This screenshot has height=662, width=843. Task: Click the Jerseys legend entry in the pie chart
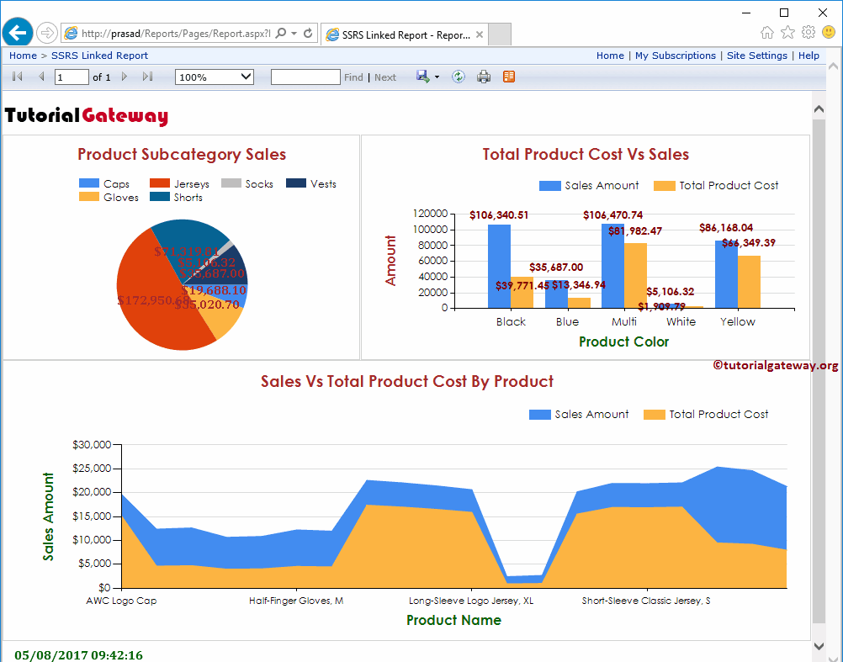click(x=180, y=183)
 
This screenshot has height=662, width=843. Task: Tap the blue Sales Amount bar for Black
click(x=499, y=266)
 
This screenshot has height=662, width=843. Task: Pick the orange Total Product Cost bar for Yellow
click(x=749, y=282)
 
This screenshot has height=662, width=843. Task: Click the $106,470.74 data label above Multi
click(x=612, y=215)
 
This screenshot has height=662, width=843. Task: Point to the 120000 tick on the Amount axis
click(x=430, y=214)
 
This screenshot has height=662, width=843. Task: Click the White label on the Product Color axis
click(x=681, y=321)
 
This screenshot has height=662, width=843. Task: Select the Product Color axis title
click(x=623, y=342)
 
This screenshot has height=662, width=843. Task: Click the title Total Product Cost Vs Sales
click(x=586, y=155)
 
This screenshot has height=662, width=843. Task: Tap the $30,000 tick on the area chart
click(x=92, y=444)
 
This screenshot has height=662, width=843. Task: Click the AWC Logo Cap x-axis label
click(x=121, y=601)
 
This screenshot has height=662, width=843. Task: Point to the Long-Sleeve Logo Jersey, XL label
click(x=471, y=601)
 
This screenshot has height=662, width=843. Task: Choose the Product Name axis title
click(x=453, y=620)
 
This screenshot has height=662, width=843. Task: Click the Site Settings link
click(x=756, y=56)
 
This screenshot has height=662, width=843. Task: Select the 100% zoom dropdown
click(x=214, y=77)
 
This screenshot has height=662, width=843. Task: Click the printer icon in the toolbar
click(x=484, y=77)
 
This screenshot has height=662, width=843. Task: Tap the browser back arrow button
click(x=18, y=33)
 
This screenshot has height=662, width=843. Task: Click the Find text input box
click(x=305, y=77)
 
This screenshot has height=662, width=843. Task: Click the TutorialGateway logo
click(x=87, y=116)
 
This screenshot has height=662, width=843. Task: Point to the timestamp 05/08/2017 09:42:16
click(x=78, y=654)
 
